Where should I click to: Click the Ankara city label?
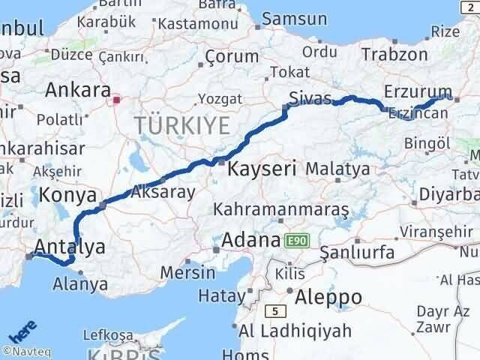pyautogui.click(x=78, y=91)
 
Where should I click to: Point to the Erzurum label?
pyautogui.click(x=416, y=91)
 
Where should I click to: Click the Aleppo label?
pyautogui.click(x=329, y=297)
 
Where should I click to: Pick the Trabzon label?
pyautogui.click(x=394, y=54)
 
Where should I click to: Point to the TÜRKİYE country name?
pyautogui.click(x=181, y=126)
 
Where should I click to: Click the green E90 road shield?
pyautogui.click(x=297, y=241)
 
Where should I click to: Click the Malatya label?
pyautogui.click(x=337, y=169)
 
